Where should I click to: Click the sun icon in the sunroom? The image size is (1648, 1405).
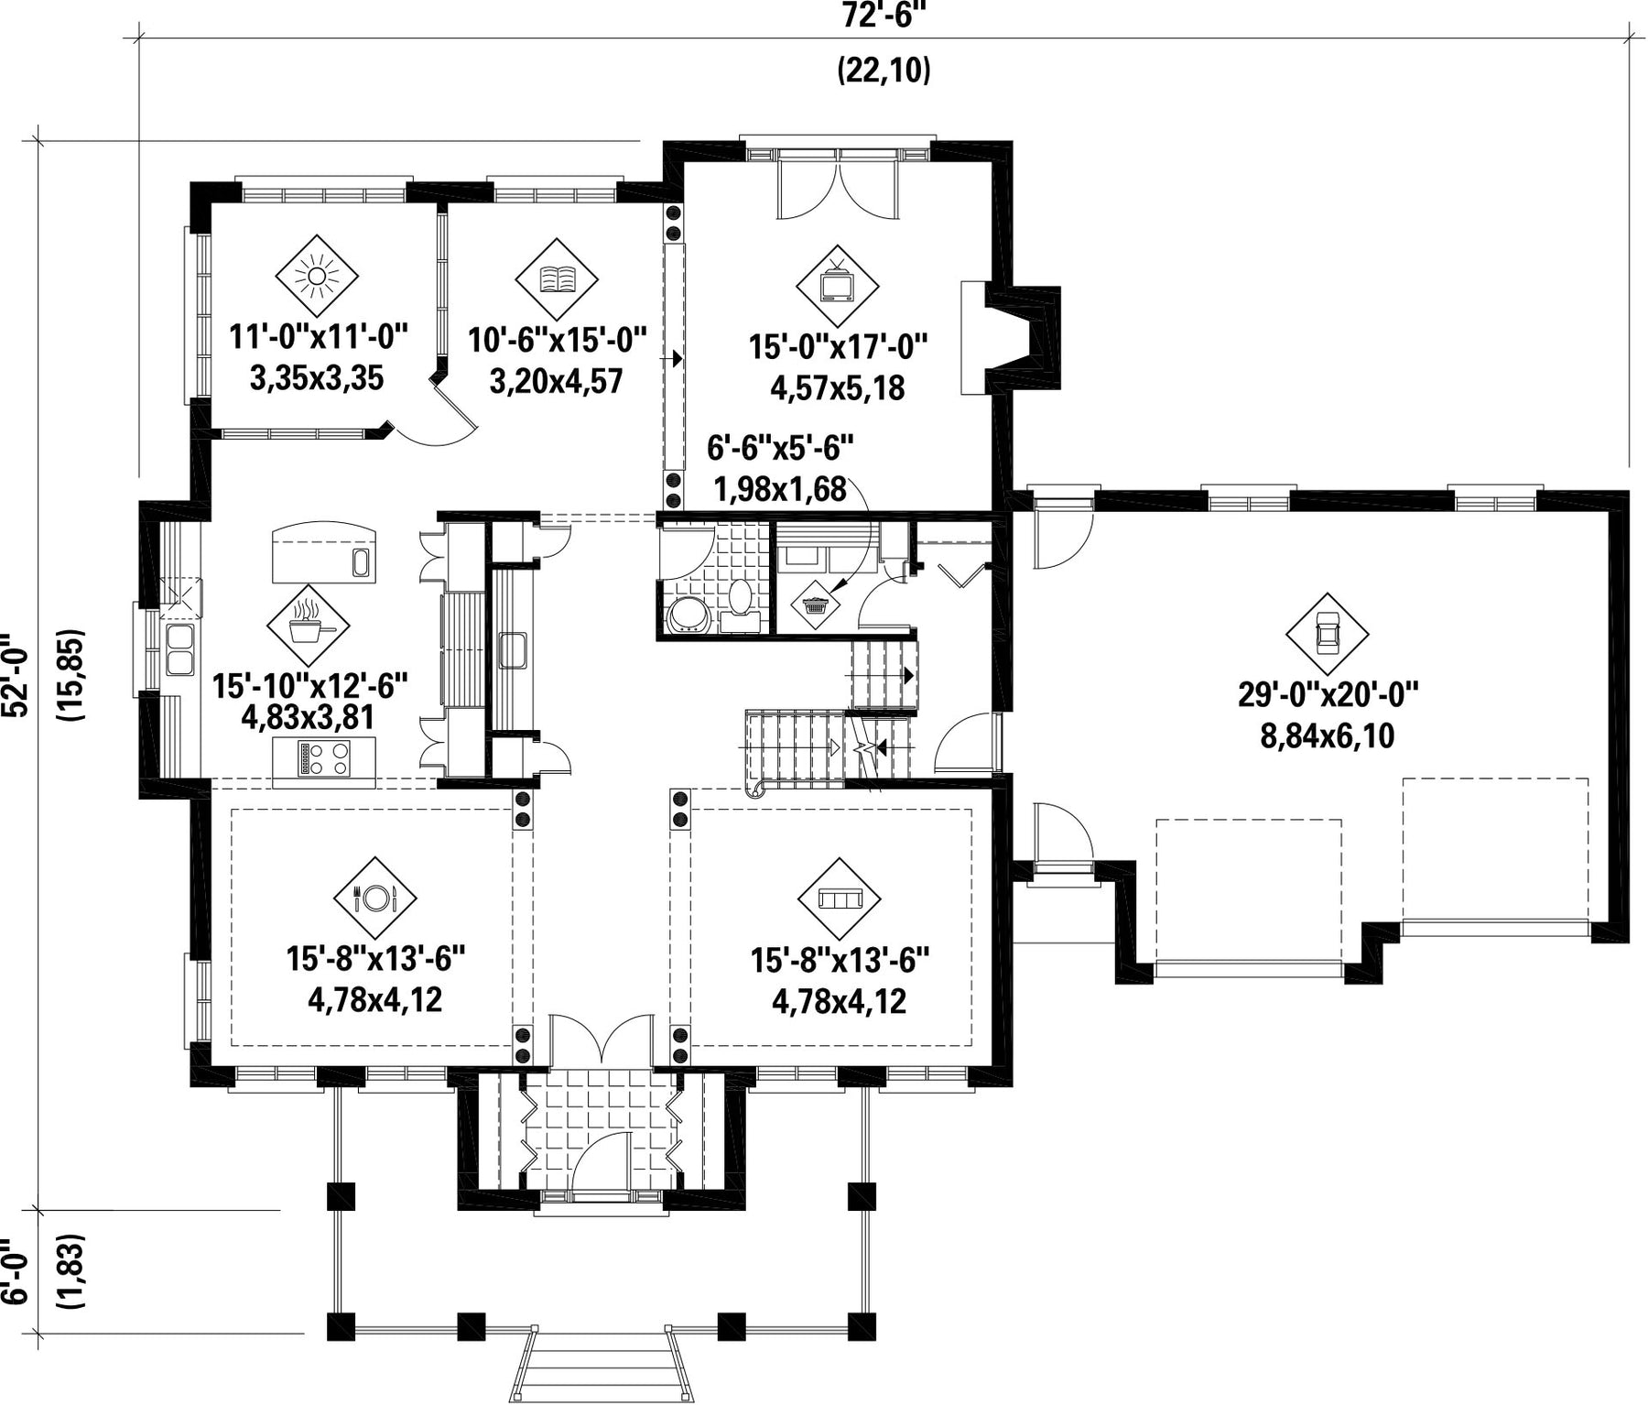coord(316,276)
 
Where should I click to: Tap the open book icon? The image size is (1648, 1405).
coord(557,278)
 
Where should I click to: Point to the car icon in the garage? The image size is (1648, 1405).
coord(1327,633)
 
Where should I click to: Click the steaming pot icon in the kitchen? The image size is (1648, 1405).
coord(308,626)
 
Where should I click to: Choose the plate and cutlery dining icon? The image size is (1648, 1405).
coord(375,898)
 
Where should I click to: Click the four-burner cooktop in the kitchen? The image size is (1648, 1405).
coord(325,758)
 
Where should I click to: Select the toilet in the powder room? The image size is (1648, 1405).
coord(738,596)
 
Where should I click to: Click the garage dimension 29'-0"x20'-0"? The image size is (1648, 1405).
coord(1328,694)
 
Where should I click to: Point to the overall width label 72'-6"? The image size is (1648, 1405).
coord(879,16)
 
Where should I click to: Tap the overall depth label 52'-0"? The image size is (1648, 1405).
coord(16,676)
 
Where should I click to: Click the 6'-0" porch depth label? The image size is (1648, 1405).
coord(16,1273)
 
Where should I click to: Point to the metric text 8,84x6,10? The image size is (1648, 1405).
coord(1328,735)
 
